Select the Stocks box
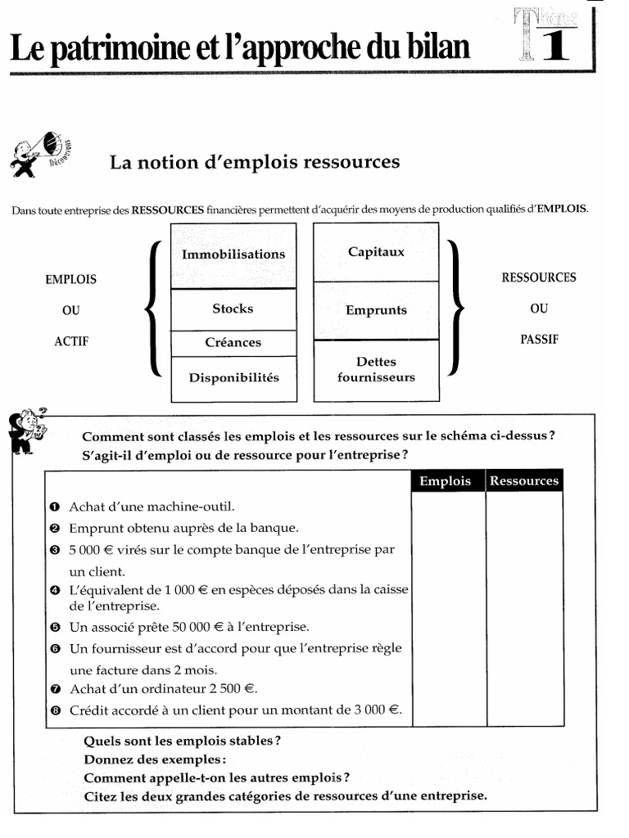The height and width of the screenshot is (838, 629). coord(233,309)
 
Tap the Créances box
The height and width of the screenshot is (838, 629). coord(233,343)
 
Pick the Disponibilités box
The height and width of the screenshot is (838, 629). coord(233,378)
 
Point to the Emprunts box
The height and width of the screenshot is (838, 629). coord(376,311)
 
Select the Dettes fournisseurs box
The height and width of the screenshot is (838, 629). coord(376,370)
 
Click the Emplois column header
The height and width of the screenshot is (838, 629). coord(446,481)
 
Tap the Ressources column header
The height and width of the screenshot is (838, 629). coord(524,481)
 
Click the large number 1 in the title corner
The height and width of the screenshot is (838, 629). coord(556,47)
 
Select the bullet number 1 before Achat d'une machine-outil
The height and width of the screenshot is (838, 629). coord(55,507)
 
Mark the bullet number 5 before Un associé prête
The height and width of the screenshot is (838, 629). coord(55,628)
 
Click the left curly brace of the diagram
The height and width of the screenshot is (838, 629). coord(153,309)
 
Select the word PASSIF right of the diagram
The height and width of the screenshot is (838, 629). coord(538,339)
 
